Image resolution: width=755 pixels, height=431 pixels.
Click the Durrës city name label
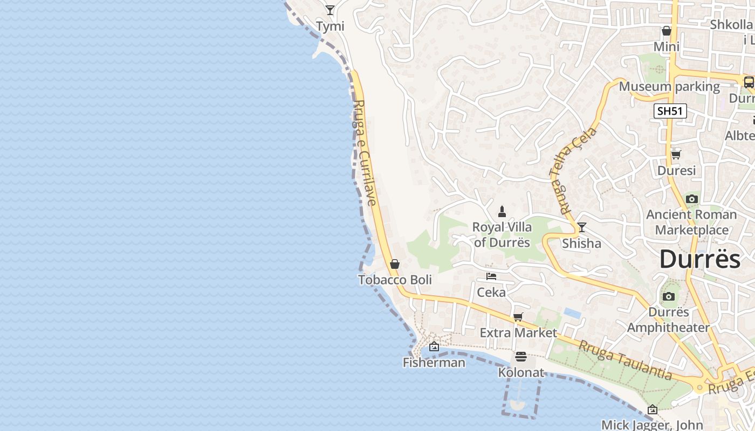click(700, 259)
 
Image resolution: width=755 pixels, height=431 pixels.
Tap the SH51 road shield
click(670, 112)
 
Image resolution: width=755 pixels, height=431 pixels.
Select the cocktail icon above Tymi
click(330, 10)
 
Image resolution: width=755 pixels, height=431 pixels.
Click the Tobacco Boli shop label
click(395, 280)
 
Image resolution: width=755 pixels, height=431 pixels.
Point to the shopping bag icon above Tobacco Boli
click(395, 264)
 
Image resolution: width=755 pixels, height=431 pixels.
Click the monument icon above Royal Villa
click(502, 211)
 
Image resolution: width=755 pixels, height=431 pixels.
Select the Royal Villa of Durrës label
click(502, 234)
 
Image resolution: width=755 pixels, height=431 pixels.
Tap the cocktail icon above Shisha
click(581, 227)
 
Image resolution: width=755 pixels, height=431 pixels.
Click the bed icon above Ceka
click(491, 276)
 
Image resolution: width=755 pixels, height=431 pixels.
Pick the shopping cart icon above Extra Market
click(518, 317)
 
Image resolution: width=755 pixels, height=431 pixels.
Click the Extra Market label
click(518, 332)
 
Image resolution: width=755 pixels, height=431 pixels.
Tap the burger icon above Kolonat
click(520, 356)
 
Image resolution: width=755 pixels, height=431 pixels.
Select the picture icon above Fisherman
click(434, 346)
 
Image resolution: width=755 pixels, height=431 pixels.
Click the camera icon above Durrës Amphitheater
click(669, 297)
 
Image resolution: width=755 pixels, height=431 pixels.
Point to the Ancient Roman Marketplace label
click(691, 222)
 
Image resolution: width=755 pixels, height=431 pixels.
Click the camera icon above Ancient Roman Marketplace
click(691, 199)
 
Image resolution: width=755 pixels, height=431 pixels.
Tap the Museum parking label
click(669, 86)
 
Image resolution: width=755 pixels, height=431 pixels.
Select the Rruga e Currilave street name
click(365, 153)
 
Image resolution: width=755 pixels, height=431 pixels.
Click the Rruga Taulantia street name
click(625, 359)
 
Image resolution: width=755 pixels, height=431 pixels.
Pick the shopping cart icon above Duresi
click(676, 155)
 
